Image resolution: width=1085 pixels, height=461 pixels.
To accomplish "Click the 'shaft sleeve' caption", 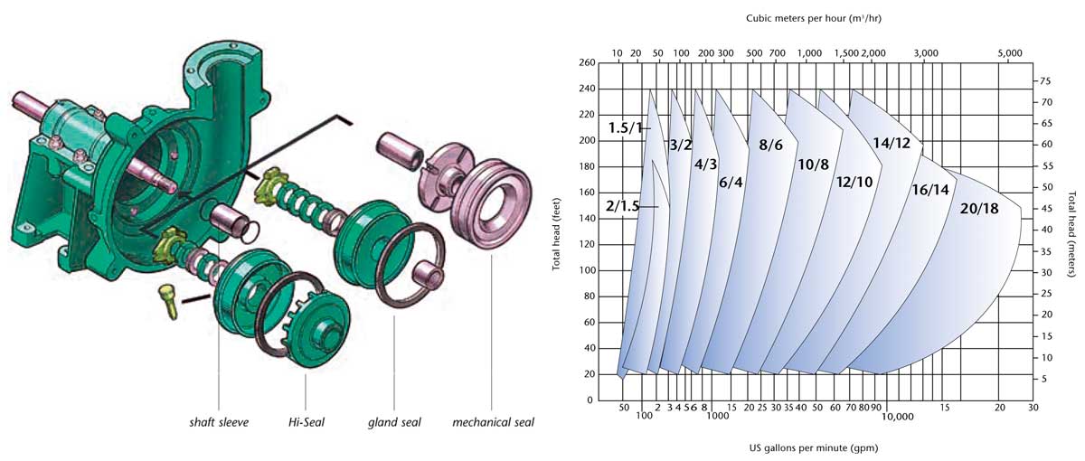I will [219, 422].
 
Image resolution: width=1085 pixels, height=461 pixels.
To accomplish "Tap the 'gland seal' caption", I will [394, 422].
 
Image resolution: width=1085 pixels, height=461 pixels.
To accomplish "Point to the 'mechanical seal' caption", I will [493, 422].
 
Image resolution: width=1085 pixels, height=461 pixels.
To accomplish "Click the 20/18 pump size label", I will [979, 209].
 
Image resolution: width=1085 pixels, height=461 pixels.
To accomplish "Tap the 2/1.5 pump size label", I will [623, 206].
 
